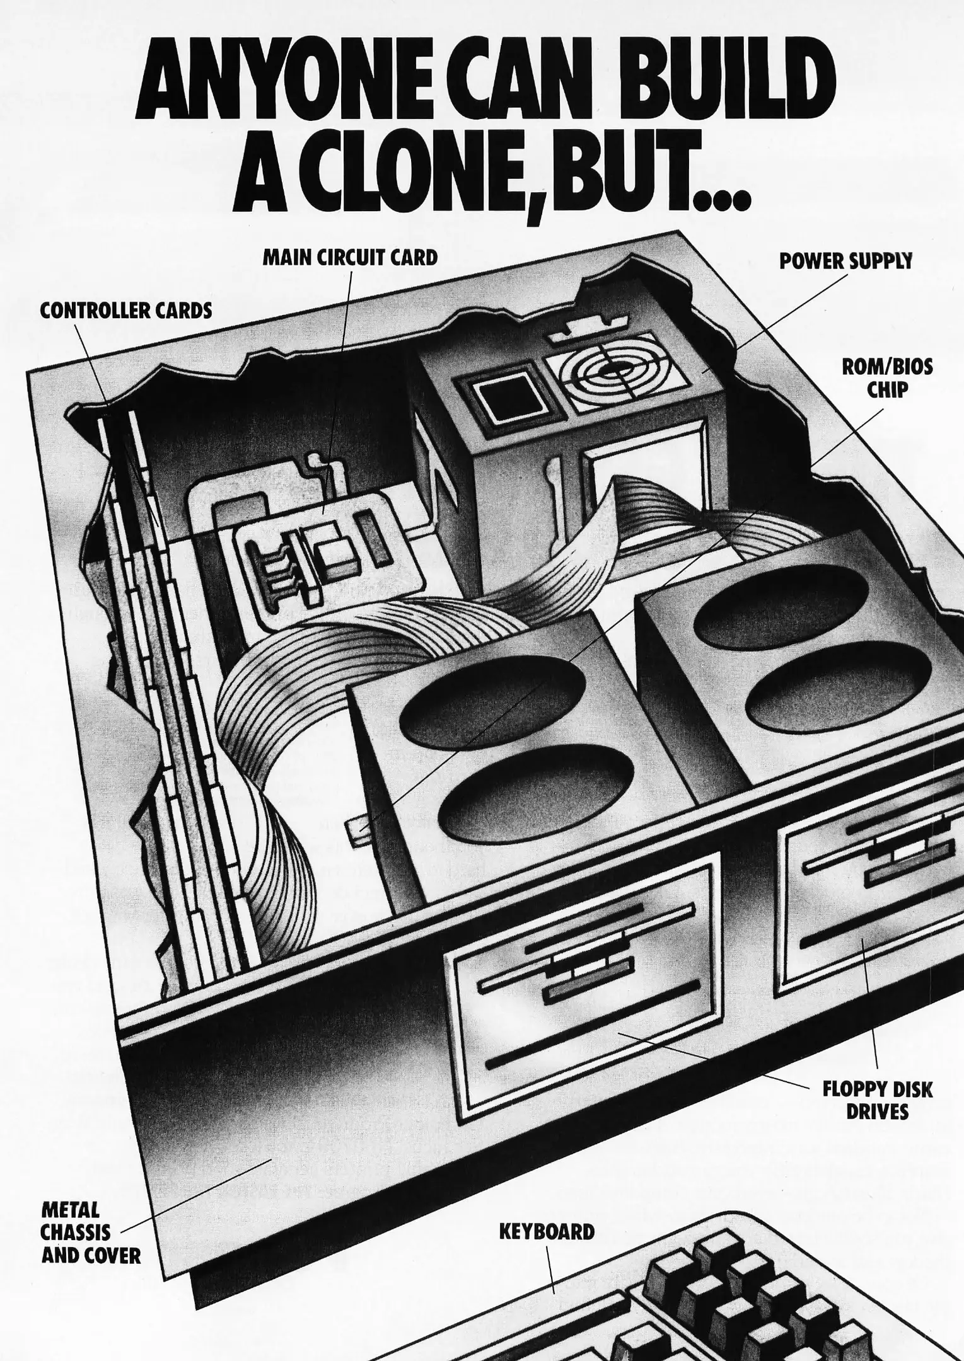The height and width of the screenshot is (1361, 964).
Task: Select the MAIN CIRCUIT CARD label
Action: point(350,258)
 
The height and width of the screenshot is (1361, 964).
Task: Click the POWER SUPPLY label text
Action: point(845,261)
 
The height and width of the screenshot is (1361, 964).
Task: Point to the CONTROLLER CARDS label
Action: point(126,311)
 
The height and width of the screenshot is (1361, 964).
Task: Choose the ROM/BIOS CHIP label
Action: point(887,378)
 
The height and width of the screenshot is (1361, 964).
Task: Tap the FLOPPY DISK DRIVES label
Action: point(877,1100)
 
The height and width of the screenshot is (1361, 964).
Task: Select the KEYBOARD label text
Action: point(547,1231)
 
